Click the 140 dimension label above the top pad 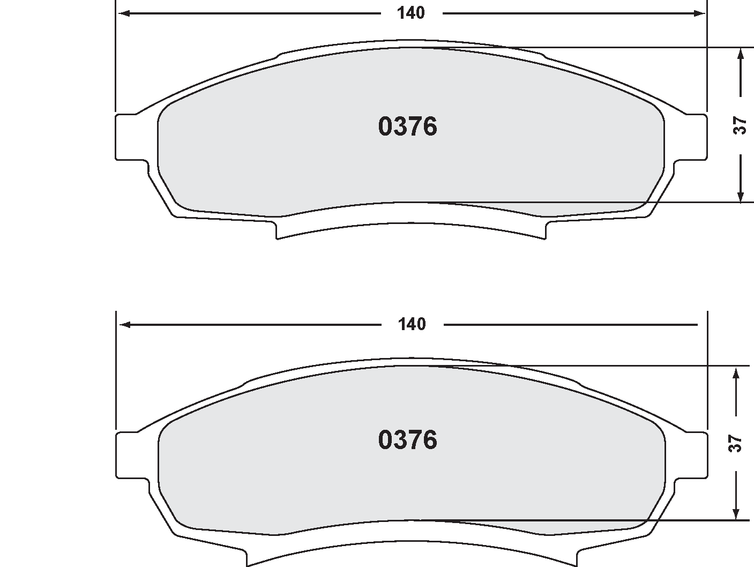click(411, 13)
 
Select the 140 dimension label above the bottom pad click(412, 324)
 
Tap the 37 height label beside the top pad click(740, 125)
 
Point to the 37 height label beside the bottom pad click(736, 443)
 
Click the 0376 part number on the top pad click(407, 127)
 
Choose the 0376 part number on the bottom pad click(407, 440)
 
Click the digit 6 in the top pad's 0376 click(429, 127)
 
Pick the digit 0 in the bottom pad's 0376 click(386, 440)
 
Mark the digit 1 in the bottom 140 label click(401, 324)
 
